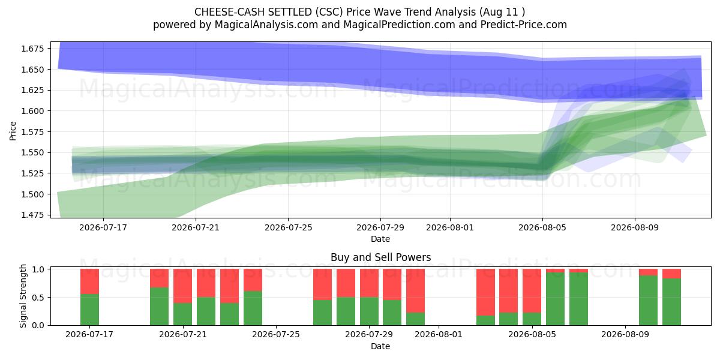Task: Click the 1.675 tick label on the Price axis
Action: tap(32, 49)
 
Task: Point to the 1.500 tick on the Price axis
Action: tap(32, 194)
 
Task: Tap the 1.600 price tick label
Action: tap(32, 111)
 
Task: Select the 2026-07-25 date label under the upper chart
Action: tap(289, 227)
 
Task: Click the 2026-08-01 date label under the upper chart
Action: tap(450, 227)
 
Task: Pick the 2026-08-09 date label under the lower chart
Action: tap(625, 334)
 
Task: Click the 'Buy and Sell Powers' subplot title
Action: tap(380, 257)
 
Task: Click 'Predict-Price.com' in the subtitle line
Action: tap(524, 25)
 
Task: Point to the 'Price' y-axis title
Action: tap(13, 131)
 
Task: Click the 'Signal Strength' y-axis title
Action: tap(23, 296)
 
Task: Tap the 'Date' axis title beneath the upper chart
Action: tap(380, 239)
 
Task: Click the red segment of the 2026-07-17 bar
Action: tap(89, 281)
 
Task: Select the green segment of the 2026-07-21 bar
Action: tap(182, 314)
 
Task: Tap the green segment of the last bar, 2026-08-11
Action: tap(672, 302)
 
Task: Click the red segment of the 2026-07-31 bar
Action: tap(416, 291)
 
